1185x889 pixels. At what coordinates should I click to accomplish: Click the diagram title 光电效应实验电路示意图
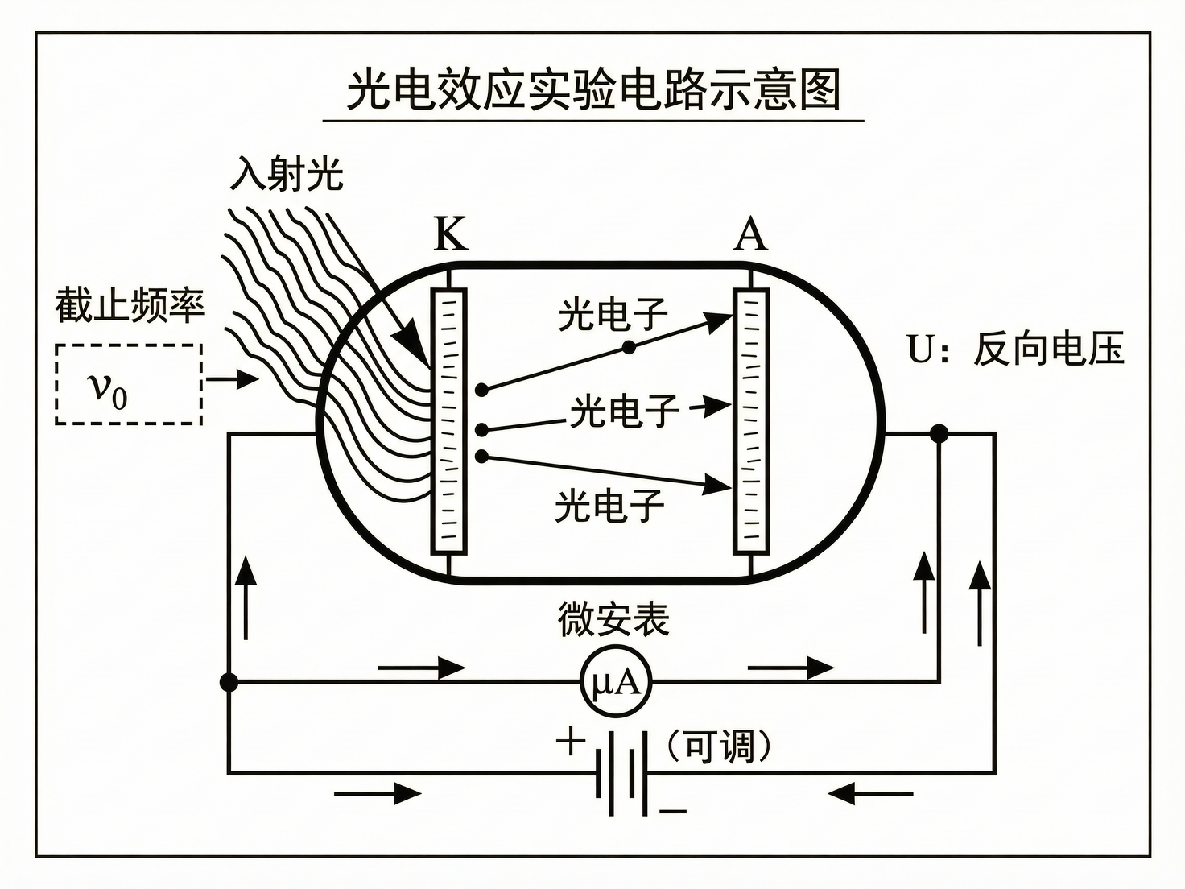pos(593,90)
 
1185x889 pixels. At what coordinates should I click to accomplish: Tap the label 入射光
pos(287,174)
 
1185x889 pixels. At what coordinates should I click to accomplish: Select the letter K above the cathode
pos(450,234)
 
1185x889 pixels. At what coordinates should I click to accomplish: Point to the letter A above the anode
pos(750,234)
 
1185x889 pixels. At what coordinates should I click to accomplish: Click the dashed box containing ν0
pos(129,384)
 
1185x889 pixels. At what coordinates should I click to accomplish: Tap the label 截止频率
pos(130,306)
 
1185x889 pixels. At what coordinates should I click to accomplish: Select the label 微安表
pos(613,620)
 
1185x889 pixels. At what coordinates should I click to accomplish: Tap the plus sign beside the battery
pos(570,742)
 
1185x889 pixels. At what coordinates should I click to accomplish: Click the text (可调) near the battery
pos(719,746)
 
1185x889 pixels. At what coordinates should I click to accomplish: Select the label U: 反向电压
pos(1015,349)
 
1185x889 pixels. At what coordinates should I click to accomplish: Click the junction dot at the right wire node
pos(939,434)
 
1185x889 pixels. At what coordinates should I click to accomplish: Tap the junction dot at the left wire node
pos(229,683)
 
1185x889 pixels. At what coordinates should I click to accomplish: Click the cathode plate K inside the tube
pos(449,421)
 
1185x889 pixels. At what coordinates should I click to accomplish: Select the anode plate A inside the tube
pos(751,421)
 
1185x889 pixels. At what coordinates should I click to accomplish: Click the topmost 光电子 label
pos(613,314)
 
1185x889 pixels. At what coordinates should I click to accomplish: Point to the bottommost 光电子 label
pos(609,506)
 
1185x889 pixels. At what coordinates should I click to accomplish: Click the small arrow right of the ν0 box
pos(233,378)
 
